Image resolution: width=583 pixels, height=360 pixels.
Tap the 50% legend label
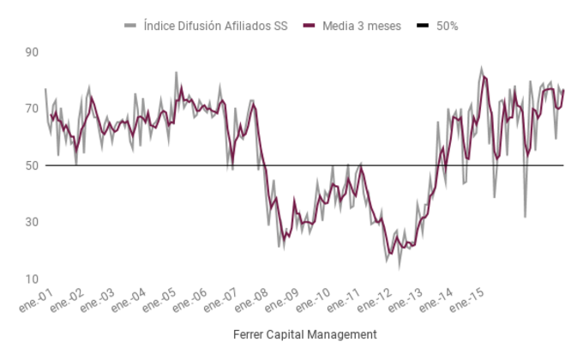click(x=447, y=26)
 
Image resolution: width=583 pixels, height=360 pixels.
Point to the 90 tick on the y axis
click(x=32, y=52)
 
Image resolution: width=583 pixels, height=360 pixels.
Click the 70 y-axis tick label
click(x=32, y=109)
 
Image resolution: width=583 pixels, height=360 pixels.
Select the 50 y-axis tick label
click(x=32, y=165)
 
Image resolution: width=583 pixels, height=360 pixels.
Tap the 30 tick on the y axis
click(x=32, y=222)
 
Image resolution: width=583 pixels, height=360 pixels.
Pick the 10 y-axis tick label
click(x=32, y=279)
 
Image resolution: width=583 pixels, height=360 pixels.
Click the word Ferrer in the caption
click(x=249, y=333)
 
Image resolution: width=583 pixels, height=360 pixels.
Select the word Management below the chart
click(x=346, y=333)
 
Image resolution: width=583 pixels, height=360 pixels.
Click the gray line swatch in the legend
click(x=130, y=26)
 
